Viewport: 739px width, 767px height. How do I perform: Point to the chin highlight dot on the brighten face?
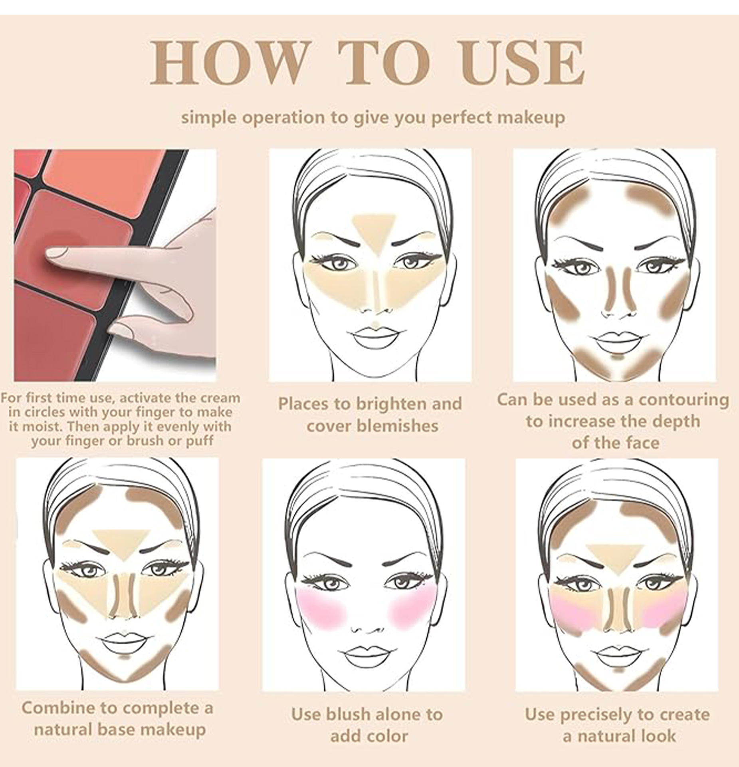[x=375, y=324]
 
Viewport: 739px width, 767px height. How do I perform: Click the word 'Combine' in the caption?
[x=58, y=708]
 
